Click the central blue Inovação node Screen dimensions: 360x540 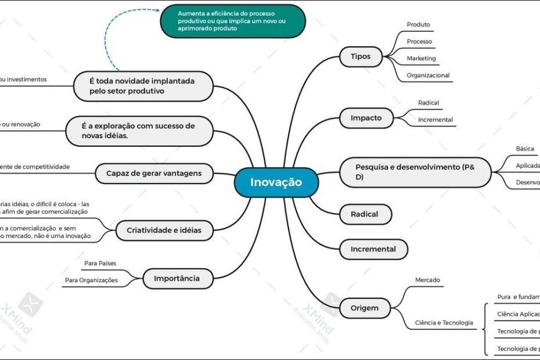[x=276, y=182]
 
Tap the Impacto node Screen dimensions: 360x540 [x=366, y=118]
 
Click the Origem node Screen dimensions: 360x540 [x=364, y=308]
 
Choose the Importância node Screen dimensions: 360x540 [x=177, y=278]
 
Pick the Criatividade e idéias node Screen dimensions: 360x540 [x=164, y=230]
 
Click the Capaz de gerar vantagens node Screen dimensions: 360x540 [x=154, y=173]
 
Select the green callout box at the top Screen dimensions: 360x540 [x=233, y=21]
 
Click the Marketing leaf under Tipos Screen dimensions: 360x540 [x=421, y=59]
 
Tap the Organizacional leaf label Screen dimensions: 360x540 [x=428, y=75]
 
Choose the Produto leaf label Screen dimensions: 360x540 [x=418, y=24]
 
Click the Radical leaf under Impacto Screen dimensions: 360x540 [x=429, y=103]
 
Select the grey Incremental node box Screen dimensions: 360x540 [x=373, y=249]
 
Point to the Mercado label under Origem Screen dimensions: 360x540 [x=427, y=280]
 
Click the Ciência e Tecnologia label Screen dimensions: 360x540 [x=444, y=323]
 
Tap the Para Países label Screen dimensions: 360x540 [x=100, y=263]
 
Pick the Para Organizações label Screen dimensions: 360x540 [x=91, y=280]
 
